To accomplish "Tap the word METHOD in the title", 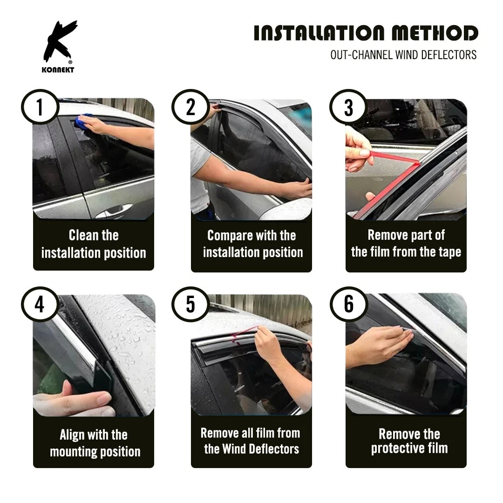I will click(x=434, y=34).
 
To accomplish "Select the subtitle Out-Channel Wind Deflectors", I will click(x=403, y=55).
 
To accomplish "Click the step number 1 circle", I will click(x=40, y=108).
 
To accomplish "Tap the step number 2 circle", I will click(x=190, y=108).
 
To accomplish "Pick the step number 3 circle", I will click(x=348, y=108).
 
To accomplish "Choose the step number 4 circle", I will click(x=40, y=306).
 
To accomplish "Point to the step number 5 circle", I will click(x=190, y=306).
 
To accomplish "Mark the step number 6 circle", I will click(x=348, y=306).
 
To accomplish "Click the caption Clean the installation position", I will click(x=94, y=244).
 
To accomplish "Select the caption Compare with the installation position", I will click(x=252, y=244).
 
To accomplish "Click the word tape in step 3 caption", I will click(x=449, y=252).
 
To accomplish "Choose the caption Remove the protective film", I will click(x=409, y=441).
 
